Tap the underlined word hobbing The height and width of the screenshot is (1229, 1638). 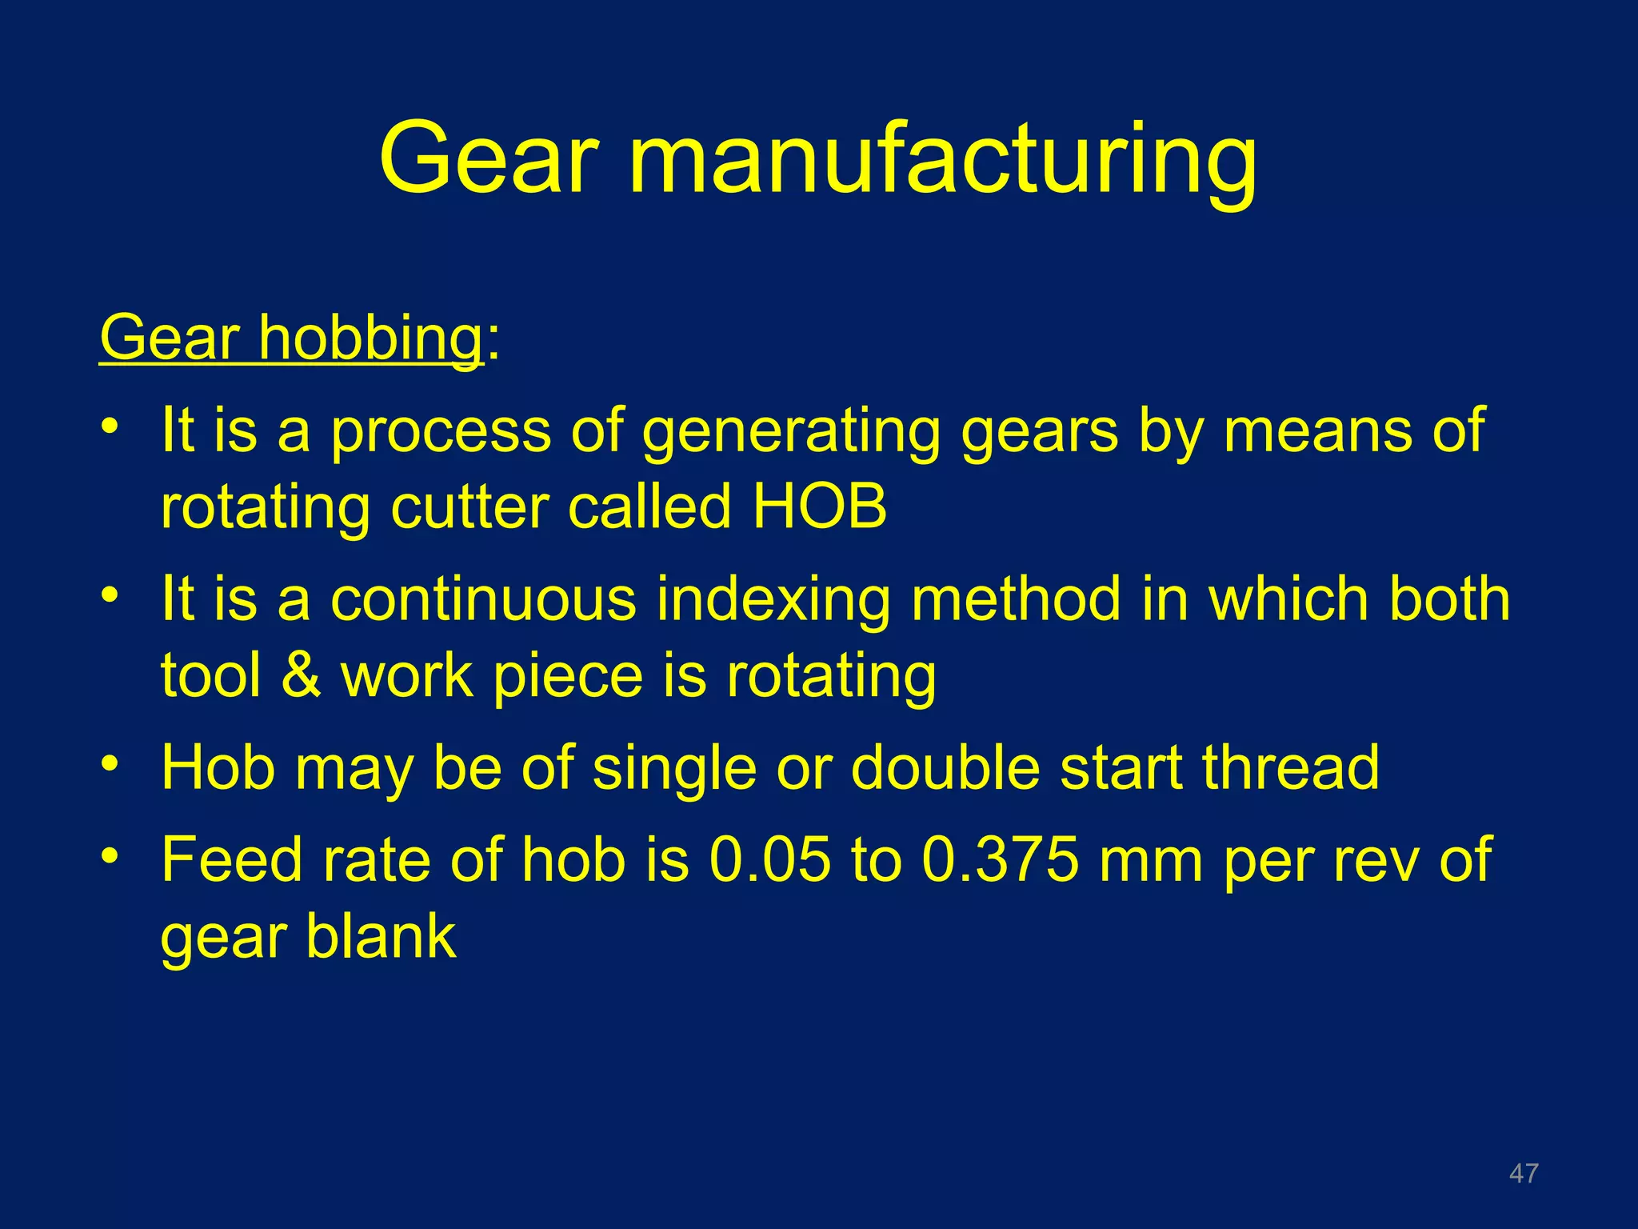pos(370,339)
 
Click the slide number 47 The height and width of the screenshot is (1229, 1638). pos(1523,1173)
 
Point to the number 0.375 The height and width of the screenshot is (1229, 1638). pos(1000,859)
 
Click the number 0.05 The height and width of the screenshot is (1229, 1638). pos(770,859)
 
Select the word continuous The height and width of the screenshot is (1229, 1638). pos(483,599)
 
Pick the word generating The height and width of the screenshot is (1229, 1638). pos(791,433)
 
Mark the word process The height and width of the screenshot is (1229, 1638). pos(441,433)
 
